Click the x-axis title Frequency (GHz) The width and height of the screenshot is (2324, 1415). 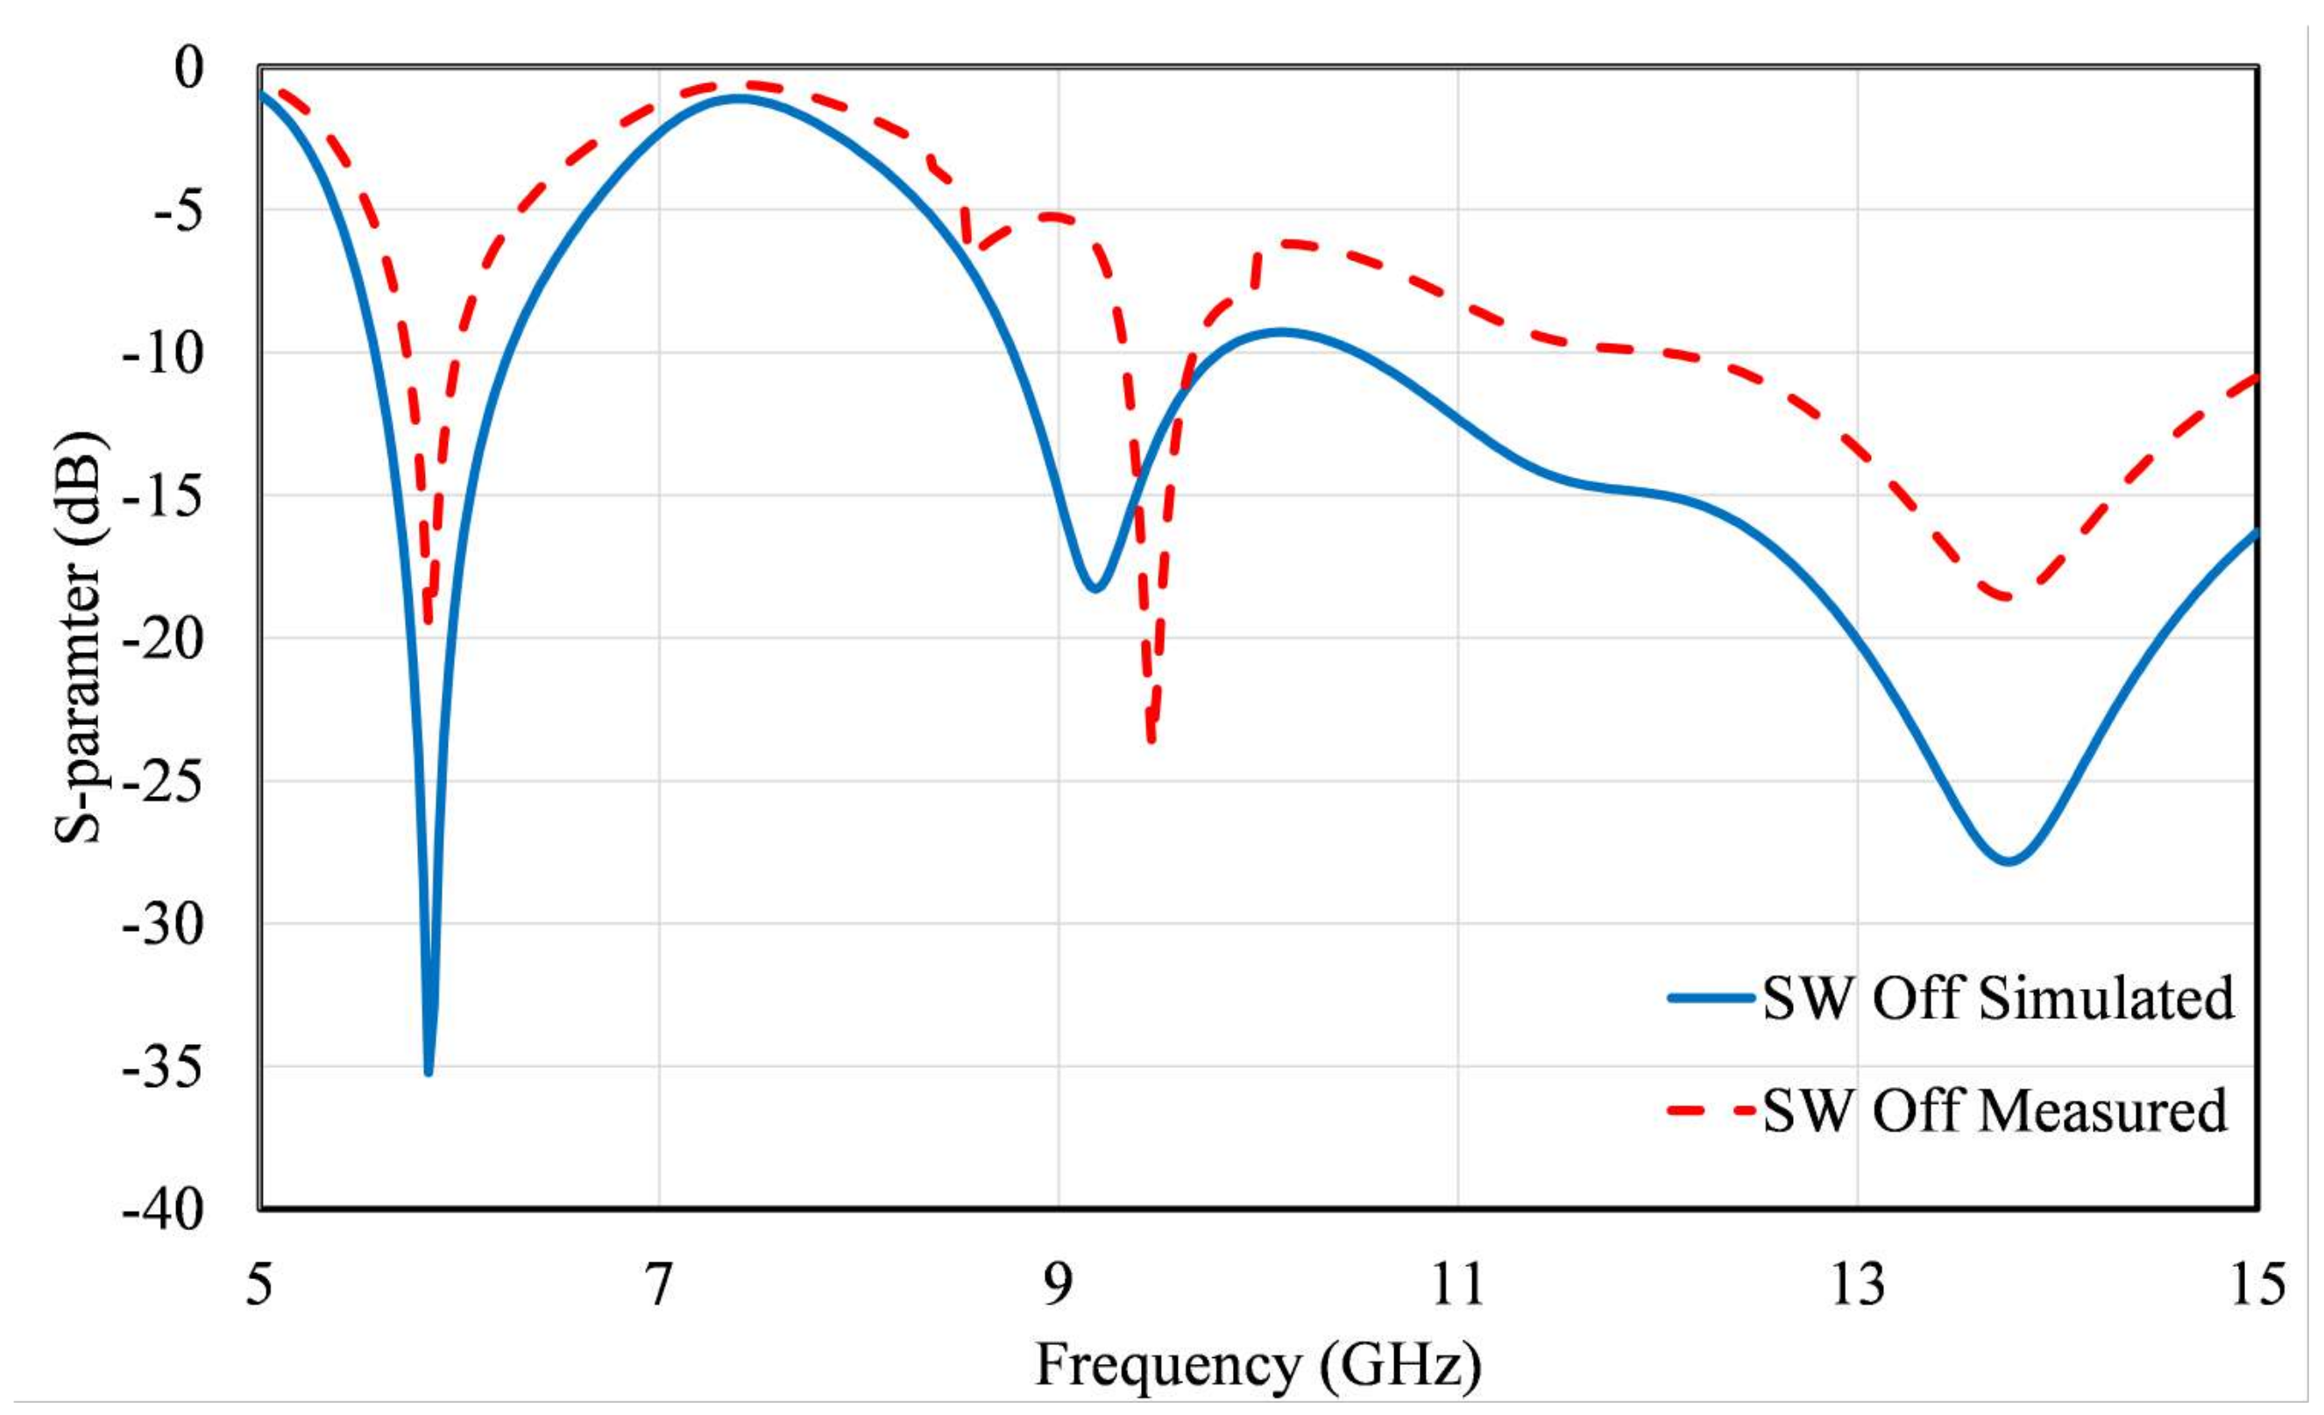(1258, 1364)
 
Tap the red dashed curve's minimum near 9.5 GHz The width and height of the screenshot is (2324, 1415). (1151, 741)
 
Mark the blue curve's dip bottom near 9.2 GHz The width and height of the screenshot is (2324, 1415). (1095, 589)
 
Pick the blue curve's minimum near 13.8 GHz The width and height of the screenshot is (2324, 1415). (2007, 861)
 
